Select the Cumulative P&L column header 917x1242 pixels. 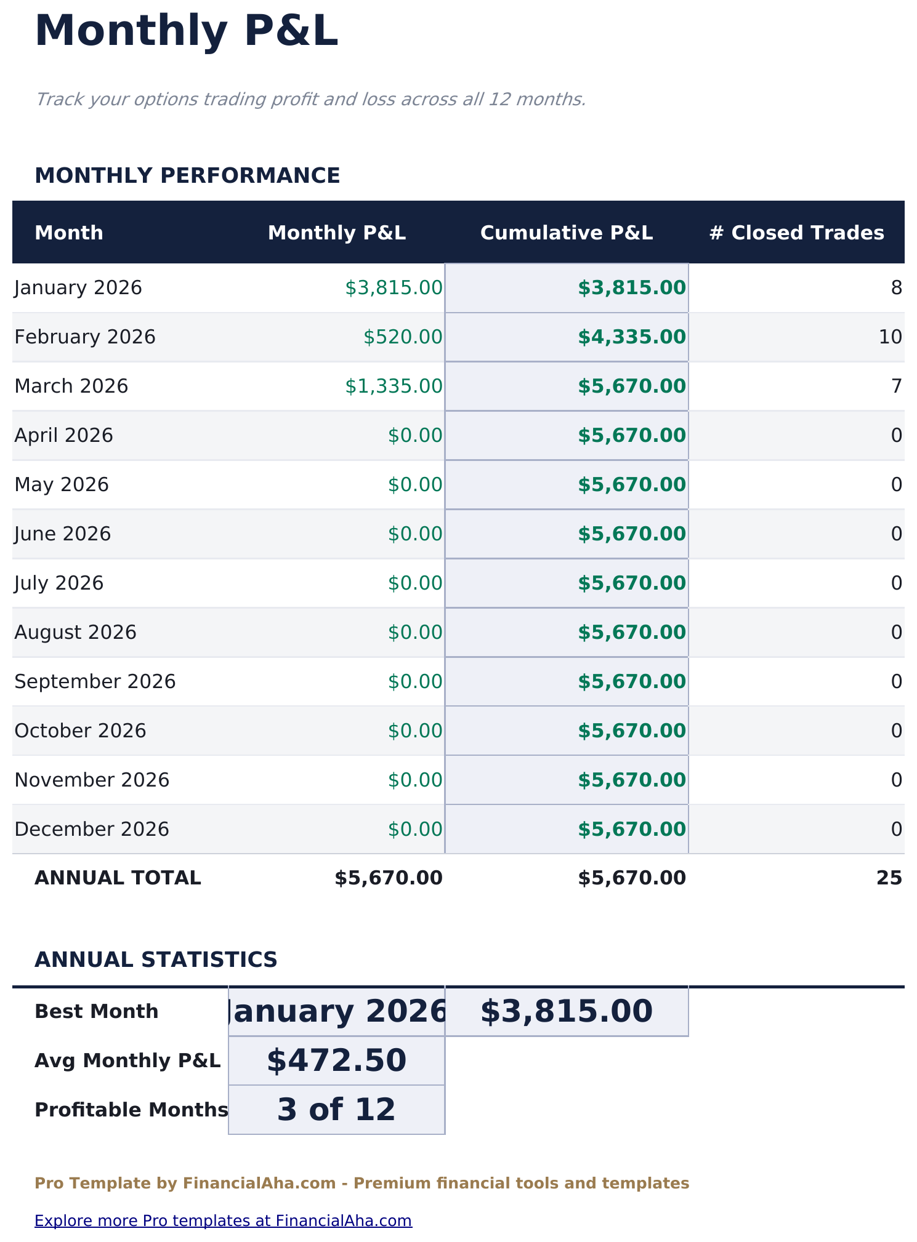(x=566, y=233)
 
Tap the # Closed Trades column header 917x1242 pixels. (x=796, y=233)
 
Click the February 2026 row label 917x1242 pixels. (x=85, y=337)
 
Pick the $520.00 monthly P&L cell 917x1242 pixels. (x=403, y=337)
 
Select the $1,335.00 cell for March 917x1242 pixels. (x=394, y=387)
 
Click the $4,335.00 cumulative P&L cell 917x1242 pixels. (x=631, y=337)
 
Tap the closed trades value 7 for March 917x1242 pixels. (x=896, y=387)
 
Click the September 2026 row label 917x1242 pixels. (x=95, y=682)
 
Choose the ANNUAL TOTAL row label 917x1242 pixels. (x=118, y=878)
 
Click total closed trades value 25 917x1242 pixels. (x=889, y=878)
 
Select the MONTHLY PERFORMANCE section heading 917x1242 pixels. (x=187, y=176)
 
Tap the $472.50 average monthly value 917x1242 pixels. (x=336, y=1060)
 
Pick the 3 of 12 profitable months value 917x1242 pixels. (x=336, y=1110)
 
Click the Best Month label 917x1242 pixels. (x=97, y=1012)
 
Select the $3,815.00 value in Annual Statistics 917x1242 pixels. (x=566, y=1012)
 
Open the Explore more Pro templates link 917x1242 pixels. (x=223, y=1220)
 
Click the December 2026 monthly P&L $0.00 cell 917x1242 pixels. (x=414, y=830)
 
